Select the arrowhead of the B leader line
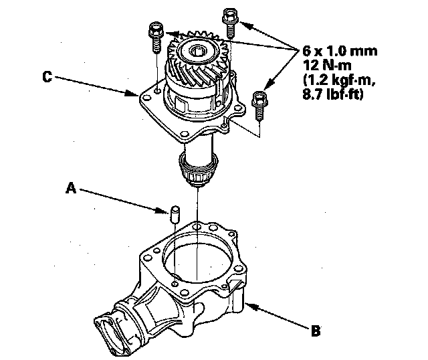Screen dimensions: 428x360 [246, 304]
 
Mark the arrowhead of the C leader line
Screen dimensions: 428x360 [137, 95]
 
